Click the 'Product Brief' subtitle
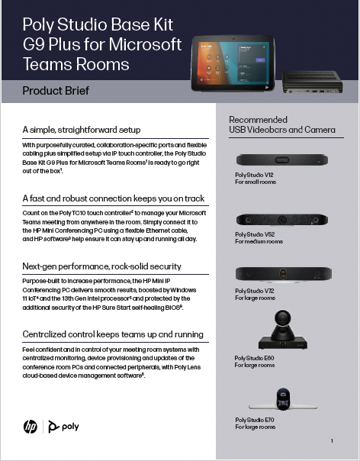point(56,91)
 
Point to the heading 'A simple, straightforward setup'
point(82,130)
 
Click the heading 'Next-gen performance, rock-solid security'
point(102,266)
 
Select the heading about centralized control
point(113,334)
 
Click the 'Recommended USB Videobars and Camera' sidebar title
point(281,125)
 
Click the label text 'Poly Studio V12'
point(255,175)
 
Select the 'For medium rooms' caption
point(259,241)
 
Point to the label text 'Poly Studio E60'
point(255,358)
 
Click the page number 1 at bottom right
point(332,441)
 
